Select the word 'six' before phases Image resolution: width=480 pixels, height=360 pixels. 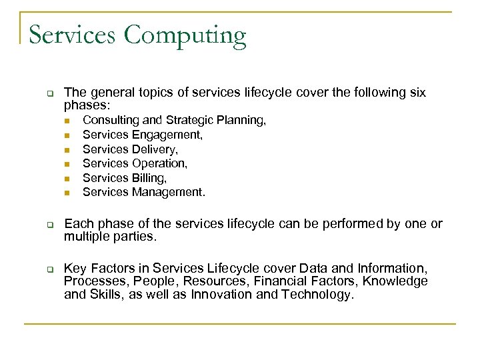click(x=417, y=93)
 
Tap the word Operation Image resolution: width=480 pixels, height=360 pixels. click(x=159, y=163)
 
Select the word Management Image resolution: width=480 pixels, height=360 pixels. click(x=169, y=193)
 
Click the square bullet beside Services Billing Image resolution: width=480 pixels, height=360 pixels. click(x=67, y=179)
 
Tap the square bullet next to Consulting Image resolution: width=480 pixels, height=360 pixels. click(x=67, y=121)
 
